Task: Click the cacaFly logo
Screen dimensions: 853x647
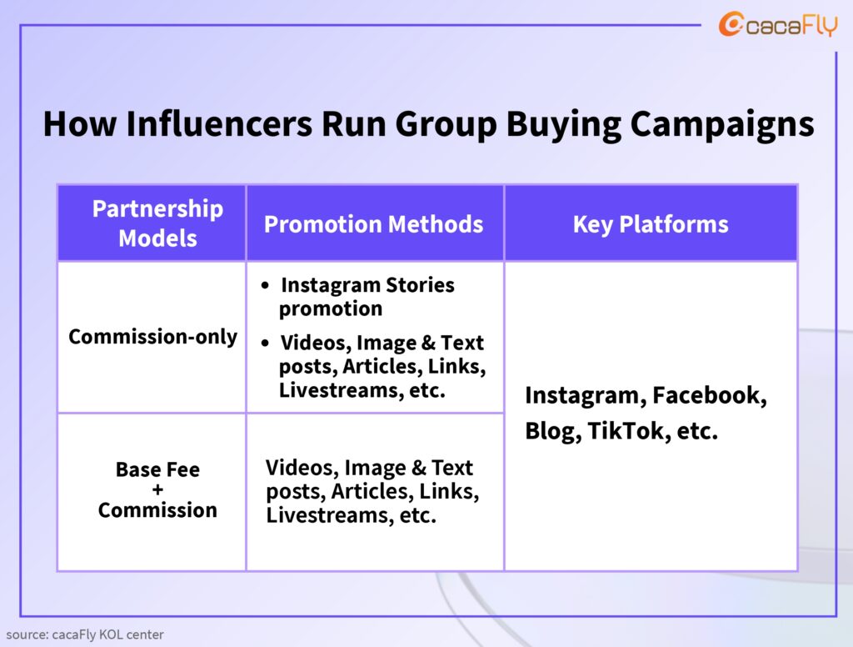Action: point(778,24)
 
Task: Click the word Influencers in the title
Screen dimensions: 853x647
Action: point(219,123)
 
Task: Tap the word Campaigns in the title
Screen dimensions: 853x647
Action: point(722,125)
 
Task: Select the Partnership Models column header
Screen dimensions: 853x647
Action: point(157,223)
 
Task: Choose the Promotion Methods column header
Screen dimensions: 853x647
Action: point(374,224)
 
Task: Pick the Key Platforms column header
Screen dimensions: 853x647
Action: point(651,224)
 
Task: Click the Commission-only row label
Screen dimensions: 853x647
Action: point(153,337)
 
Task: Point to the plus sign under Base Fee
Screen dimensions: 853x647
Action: point(157,489)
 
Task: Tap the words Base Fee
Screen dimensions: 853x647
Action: point(157,469)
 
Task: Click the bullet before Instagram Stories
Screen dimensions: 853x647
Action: point(265,285)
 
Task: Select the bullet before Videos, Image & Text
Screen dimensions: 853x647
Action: point(265,344)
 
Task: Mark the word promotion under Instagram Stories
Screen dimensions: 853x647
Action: point(331,309)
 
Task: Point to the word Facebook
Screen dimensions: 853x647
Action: point(710,395)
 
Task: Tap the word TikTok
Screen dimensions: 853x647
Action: point(629,431)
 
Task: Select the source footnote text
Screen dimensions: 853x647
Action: point(85,634)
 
